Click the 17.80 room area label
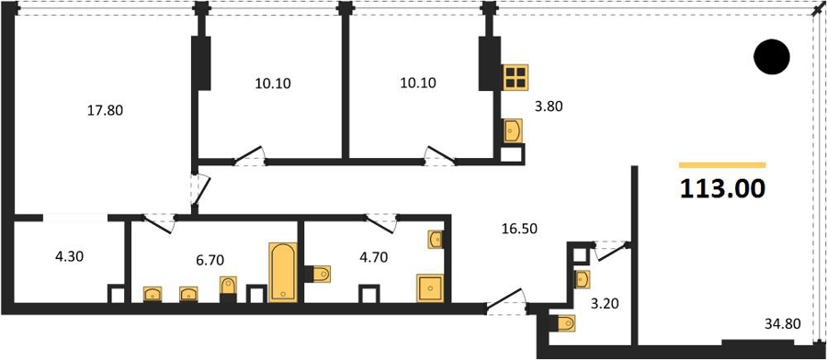pyautogui.click(x=105, y=111)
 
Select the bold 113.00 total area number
pyautogui.click(x=722, y=188)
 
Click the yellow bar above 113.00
pyautogui.click(x=722, y=165)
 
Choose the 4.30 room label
pyautogui.click(x=69, y=257)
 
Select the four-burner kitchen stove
pyautogui.click(x=515, y=77)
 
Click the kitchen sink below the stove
pyautogui.click(x=513, y=130)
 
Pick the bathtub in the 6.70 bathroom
pyautogui.click(x=283, y=272)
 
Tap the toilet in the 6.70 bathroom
pyautogui.click(x=228, y=287)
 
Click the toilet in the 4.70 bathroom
pyautogui.click(x=319, y=274)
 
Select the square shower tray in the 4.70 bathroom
pyautogui.click(x=431, y=287)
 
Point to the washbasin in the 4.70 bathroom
pyautogui.click(x=436, y=240)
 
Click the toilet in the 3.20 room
pyautogui.click(x=562, y=322)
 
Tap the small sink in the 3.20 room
pyautogui.click(x=582, y=279)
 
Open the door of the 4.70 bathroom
pyautogui.click(x=381, y=223)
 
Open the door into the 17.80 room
pyautogui.click(x=200, y=190)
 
